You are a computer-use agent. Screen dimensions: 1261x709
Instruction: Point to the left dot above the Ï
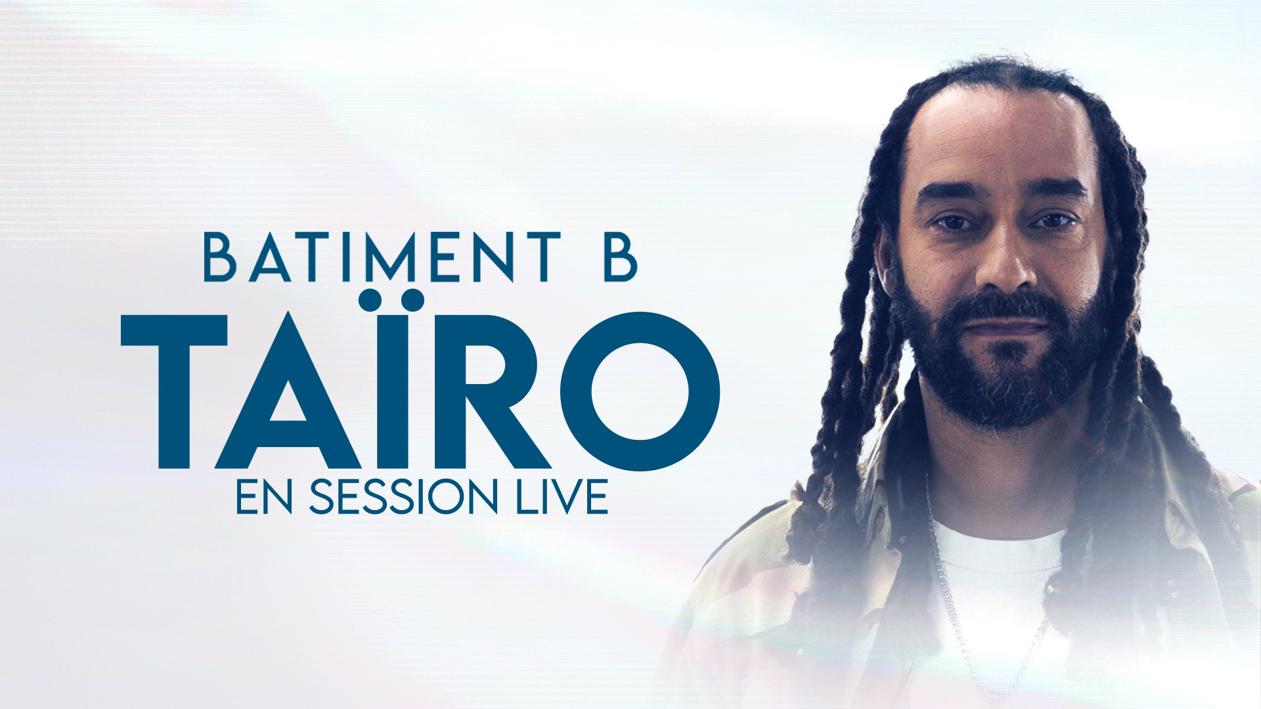click(370, 300)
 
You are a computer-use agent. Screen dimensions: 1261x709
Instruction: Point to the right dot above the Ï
click(412, 300)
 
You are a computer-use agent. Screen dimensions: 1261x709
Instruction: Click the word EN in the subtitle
click(263, 497)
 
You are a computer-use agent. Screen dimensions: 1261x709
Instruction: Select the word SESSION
click(403, 497)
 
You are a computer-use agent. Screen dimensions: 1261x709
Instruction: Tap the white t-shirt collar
click(998, 542)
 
